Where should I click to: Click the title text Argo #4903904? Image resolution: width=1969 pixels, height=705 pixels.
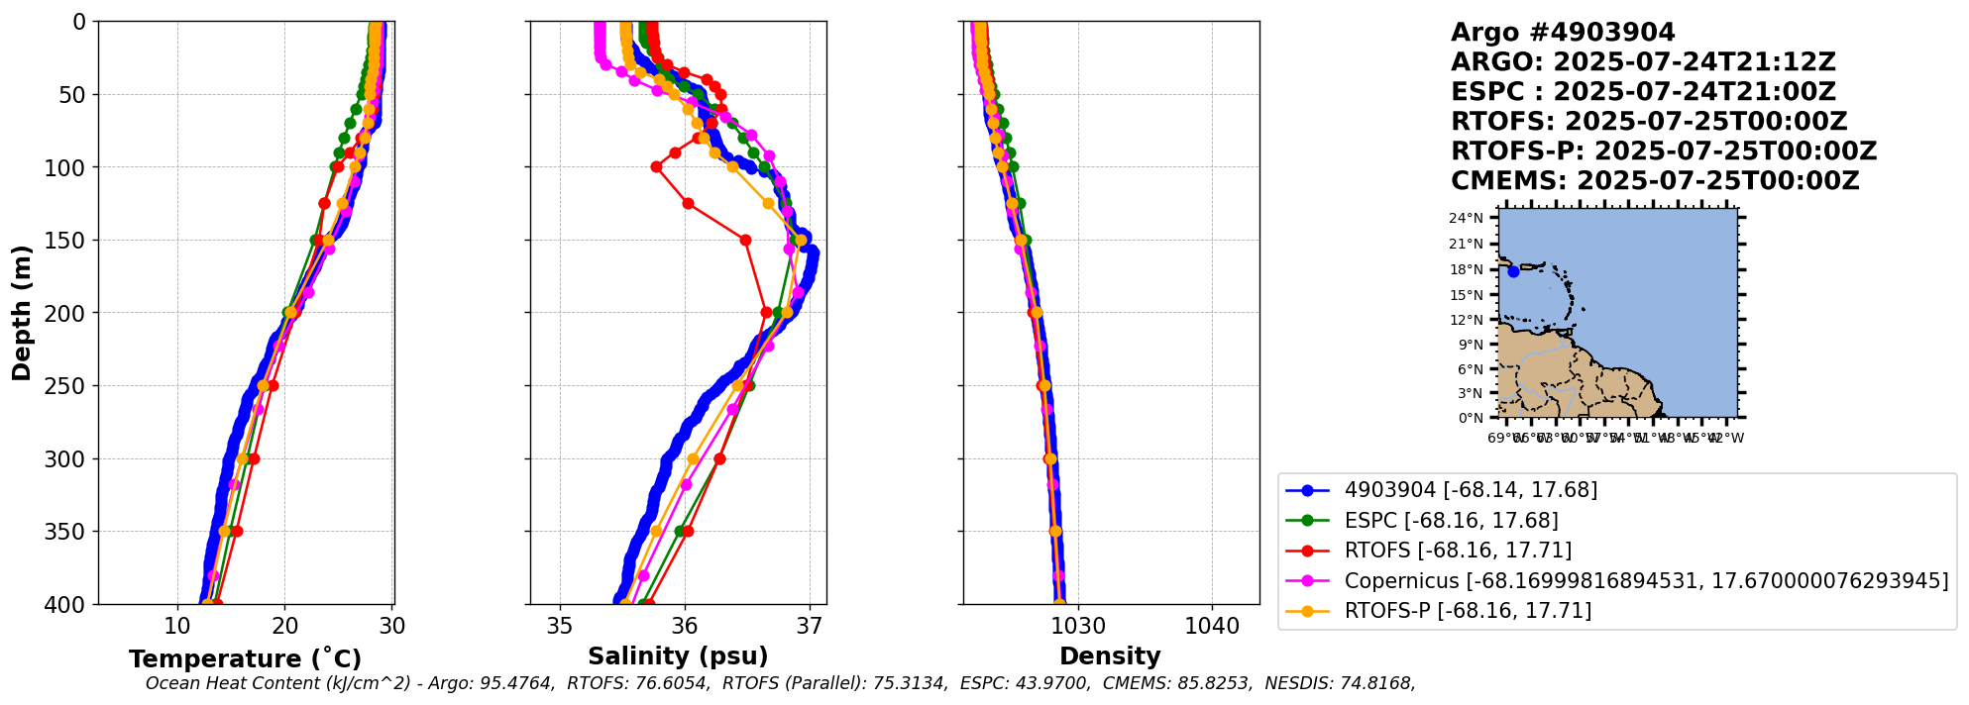click(1563, 33)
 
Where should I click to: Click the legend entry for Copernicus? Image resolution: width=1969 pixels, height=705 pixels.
click(1645, 581)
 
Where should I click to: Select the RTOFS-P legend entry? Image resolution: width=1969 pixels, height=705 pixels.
click(1467, 611)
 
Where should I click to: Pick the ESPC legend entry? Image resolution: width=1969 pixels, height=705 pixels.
click(1451, 521)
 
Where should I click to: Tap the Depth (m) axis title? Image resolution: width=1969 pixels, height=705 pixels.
click(21, 312)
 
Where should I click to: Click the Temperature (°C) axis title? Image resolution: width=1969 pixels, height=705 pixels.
click(245, 659)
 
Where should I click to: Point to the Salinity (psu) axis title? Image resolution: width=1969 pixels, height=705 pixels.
click(678, 656)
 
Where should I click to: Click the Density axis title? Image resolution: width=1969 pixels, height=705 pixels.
click(1110, 656)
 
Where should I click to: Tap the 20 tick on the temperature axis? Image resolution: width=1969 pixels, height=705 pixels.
click(285, 627)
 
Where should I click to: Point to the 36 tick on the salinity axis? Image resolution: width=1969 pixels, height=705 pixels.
click(685, 627)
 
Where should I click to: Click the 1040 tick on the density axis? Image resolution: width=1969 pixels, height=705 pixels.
click(1213, 627)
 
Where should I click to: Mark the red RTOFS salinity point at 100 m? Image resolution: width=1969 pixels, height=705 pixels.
click(656, 167)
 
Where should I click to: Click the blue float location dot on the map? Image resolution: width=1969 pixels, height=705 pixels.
click(1513, 271)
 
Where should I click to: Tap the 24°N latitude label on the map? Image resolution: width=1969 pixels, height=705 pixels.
click(1467, 219)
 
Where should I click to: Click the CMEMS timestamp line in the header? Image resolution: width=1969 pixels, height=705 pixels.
click(1655, 181)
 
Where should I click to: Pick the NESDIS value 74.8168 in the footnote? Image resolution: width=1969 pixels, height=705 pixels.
click(1377, 683)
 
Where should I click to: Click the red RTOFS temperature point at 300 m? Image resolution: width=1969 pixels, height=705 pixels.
click(254, 458)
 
